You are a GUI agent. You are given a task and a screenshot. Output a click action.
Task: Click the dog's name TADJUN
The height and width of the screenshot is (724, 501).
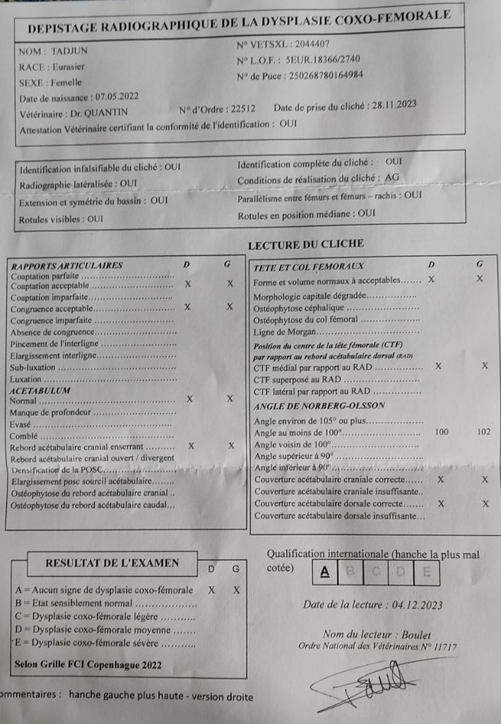69,51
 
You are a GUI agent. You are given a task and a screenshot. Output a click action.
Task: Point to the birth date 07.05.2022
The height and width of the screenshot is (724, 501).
117,97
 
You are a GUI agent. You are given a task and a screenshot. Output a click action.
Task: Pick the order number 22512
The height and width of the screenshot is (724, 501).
240,109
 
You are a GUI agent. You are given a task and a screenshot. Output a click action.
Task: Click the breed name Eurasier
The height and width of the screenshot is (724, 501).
70,66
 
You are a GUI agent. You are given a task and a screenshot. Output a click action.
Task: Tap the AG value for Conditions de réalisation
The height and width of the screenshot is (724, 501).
392,178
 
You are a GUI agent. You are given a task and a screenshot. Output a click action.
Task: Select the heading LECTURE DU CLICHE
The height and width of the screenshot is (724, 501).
306,244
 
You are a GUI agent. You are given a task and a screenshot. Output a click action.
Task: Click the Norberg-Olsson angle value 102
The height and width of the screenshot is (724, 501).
483,432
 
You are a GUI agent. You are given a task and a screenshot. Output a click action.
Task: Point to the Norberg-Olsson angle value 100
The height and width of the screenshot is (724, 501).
442,432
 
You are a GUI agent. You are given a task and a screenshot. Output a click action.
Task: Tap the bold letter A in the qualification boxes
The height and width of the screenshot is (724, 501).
324,571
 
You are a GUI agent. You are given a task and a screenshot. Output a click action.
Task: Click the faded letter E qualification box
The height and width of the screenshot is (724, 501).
426,572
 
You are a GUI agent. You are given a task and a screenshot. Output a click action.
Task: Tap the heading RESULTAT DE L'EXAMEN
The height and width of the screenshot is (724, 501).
112,564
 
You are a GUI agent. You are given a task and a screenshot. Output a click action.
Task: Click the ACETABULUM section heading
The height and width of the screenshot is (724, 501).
40,390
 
